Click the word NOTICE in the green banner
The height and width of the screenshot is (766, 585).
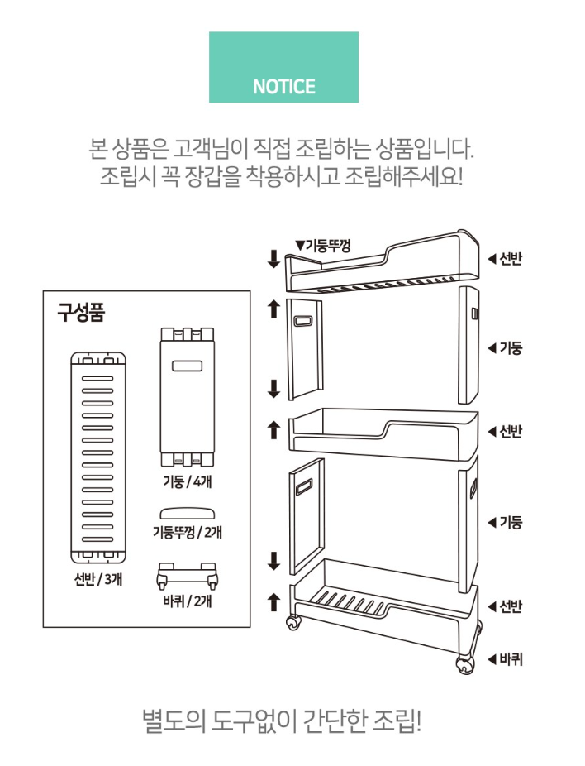284,87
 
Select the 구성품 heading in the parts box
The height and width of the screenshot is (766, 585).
81,312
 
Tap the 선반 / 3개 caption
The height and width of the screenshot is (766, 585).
98,579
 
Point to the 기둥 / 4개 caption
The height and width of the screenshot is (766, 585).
188,481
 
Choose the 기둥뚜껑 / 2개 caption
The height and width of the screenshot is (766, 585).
188,531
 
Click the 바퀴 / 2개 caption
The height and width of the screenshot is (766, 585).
188,601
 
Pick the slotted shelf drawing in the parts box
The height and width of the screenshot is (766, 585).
98,458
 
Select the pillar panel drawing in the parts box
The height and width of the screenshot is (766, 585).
188,397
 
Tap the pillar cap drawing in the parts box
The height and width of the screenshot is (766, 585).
188,514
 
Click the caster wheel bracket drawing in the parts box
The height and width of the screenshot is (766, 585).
187,577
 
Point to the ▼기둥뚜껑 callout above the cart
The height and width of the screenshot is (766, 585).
323,245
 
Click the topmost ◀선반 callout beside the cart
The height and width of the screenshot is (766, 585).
505,258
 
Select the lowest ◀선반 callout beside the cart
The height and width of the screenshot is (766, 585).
505,606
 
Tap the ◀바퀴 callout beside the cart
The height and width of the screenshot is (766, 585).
505,659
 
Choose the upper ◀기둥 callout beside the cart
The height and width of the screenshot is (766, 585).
505,348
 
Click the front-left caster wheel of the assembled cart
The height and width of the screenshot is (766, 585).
293,623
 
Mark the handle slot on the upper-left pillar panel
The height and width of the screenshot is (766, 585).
304,320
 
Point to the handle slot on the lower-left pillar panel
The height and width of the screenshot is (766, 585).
304,487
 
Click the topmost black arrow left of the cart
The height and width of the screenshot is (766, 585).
273,259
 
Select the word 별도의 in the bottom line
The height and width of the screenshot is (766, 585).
174,721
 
